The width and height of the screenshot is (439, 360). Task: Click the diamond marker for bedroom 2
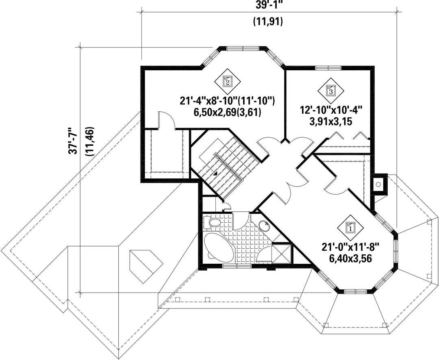[227, 82]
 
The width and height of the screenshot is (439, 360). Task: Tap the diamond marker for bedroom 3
[330, 91]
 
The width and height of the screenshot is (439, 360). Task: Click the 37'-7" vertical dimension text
[72, 141]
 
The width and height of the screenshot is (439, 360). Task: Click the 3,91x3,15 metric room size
[330, 122]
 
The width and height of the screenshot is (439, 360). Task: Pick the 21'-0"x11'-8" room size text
[350, 247]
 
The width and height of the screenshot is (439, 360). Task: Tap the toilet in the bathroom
[212, 223]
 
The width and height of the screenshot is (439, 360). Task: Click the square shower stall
[282, 254]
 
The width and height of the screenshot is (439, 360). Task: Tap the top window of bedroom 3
[328, 67]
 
